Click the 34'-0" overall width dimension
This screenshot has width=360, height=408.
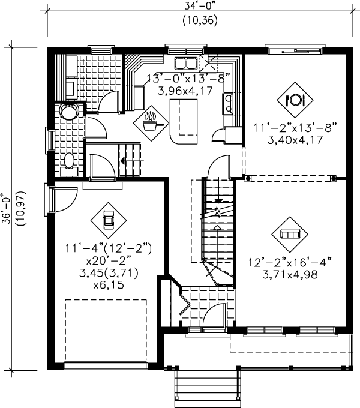click(199, 7)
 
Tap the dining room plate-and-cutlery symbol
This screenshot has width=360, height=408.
click(295, 100)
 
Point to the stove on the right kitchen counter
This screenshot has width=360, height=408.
click(228, 103)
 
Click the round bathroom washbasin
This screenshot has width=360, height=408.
click(69, 112)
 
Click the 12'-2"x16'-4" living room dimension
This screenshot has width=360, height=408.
click(290, 262)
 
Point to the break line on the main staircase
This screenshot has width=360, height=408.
click(217, 211)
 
